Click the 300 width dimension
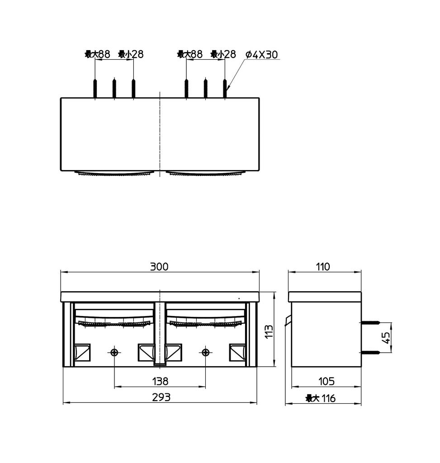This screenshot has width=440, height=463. (159, 266)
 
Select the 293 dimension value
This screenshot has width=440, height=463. (161, 397)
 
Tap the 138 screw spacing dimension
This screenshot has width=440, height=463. (161, 381)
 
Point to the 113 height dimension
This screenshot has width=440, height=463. (269, 331)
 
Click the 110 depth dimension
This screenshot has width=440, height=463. (323, 267)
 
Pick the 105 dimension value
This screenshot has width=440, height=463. (326, 381)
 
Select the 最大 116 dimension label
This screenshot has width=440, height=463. (321, 398)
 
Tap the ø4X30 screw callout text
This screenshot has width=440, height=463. (262, 55)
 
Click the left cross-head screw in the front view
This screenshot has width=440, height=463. (114, 352)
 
